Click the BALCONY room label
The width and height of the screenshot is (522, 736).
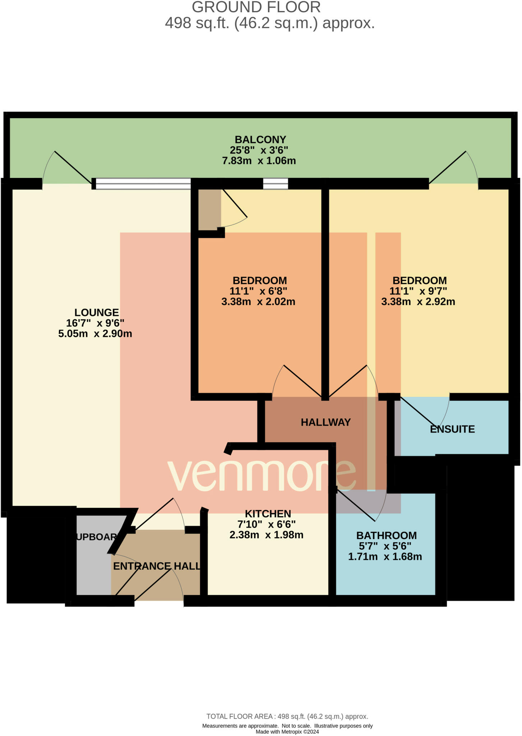point(260,139)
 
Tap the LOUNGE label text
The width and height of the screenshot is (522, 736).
point(96,312)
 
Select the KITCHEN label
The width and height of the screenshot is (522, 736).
point(268,514)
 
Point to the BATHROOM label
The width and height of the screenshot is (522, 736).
point(386,535)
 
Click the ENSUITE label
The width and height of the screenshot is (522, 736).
point(452,429)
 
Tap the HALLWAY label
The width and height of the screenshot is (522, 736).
point(325,422)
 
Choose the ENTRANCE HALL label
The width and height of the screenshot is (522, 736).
point(157,566)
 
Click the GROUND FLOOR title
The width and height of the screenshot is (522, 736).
point(256,7)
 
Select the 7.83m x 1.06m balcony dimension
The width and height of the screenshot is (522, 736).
point(259,161)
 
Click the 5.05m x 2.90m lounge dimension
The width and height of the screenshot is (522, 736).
point(95,333)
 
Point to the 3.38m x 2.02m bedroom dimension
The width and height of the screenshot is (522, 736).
point(258,302)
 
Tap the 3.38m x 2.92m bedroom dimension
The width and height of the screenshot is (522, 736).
point(418,302)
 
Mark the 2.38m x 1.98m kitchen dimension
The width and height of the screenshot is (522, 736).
point(266,535)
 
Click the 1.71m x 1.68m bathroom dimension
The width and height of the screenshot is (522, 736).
point(385,557)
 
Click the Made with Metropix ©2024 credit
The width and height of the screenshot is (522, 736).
point(287,732)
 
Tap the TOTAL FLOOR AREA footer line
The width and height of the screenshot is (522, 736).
point(287,716)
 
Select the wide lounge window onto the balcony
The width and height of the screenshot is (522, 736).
point(143,184)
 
